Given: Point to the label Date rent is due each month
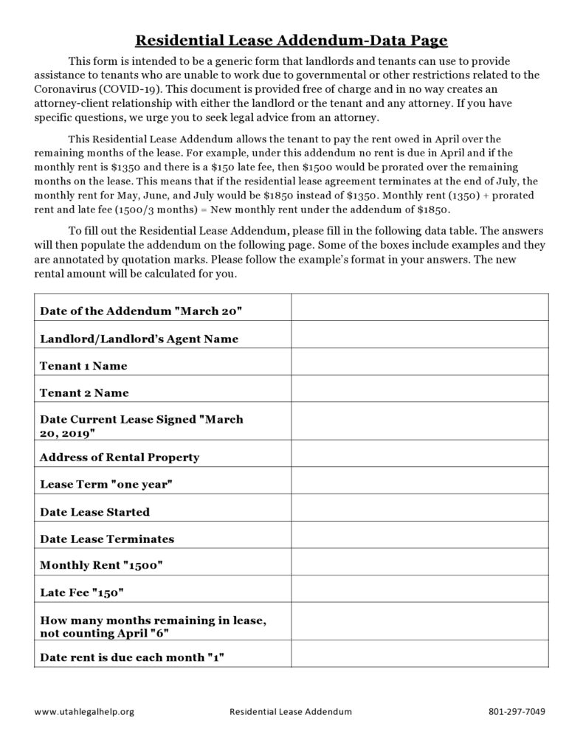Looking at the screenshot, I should pyautogui.click(x=132, y=654).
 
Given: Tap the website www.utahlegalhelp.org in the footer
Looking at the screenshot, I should pyautogui.click(x=84, y=712).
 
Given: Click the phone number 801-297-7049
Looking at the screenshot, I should pyautogui.click(x=517, y=712).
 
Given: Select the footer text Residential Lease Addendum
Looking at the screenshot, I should pyautogui.click(x=291, y=712).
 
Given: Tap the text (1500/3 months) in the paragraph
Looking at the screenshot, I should pyautogui.click(x=116, y=210).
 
